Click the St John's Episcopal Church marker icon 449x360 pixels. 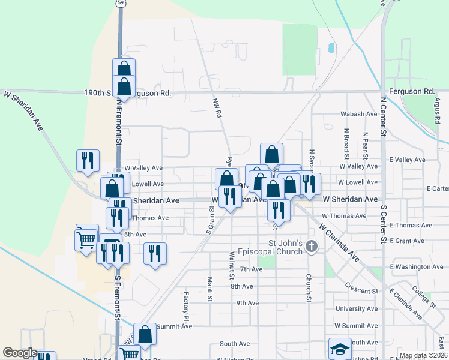tap(311, 245)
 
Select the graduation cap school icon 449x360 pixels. tap(340, 349)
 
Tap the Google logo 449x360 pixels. tap(20, 353)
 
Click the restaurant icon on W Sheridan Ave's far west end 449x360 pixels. tap(88, 160)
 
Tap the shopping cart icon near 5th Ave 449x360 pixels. tap(86, 238)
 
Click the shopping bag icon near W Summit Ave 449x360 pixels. tap(145, 333)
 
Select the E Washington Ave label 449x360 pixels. tap(416, 266)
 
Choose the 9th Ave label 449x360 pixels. tap(247, 303)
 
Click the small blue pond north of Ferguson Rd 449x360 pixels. tap(330, 47)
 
